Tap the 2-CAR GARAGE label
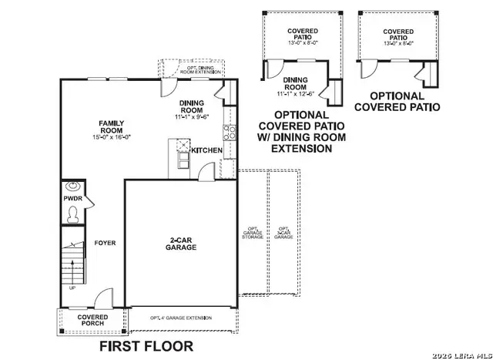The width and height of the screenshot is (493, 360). click(183, 244)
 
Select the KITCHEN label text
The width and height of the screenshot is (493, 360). click(206, 150)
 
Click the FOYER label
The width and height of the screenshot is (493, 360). click(105, 243)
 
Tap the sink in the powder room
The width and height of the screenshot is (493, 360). click(72, 186)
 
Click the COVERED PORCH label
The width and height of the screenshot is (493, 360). click(92, 320)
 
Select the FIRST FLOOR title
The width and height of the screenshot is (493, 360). click(146, 346)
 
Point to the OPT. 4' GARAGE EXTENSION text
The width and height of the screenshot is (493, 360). click(182, 318)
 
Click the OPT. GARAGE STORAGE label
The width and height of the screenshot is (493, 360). click(253, 233)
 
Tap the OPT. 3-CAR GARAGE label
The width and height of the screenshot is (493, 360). click(283, 233)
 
